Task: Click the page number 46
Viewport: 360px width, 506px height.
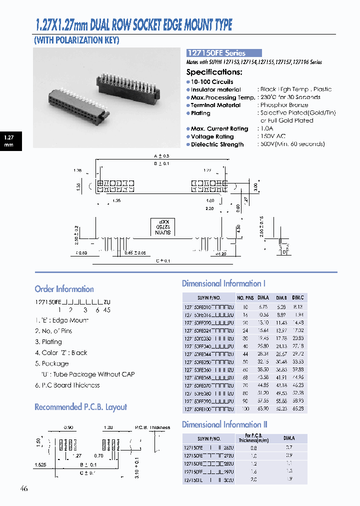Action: point(24,488)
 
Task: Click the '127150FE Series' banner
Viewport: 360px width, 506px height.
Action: point(223,53)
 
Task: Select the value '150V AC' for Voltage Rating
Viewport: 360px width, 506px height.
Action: point(273,136)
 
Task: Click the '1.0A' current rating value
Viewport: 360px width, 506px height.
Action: point(267,129)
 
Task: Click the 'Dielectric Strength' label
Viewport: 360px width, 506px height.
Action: point(217,144)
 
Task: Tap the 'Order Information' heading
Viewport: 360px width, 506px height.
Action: point(64,289)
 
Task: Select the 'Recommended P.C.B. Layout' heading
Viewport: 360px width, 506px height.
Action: point(80,407)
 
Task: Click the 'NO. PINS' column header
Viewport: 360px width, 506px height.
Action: point(246,297)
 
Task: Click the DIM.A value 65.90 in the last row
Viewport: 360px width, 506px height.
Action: point(263,408)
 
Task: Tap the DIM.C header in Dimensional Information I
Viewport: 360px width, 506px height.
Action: point(298,297)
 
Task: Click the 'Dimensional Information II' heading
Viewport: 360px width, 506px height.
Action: point(224,424)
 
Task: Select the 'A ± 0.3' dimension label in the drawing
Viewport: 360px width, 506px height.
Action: point(162,156)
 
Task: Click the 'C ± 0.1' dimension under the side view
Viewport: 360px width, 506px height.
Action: point(163,261)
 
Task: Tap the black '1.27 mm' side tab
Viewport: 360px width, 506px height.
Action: point(9,140)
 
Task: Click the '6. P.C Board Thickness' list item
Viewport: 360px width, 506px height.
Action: point(67,385)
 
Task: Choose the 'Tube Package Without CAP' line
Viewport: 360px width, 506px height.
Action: point(87,374)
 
